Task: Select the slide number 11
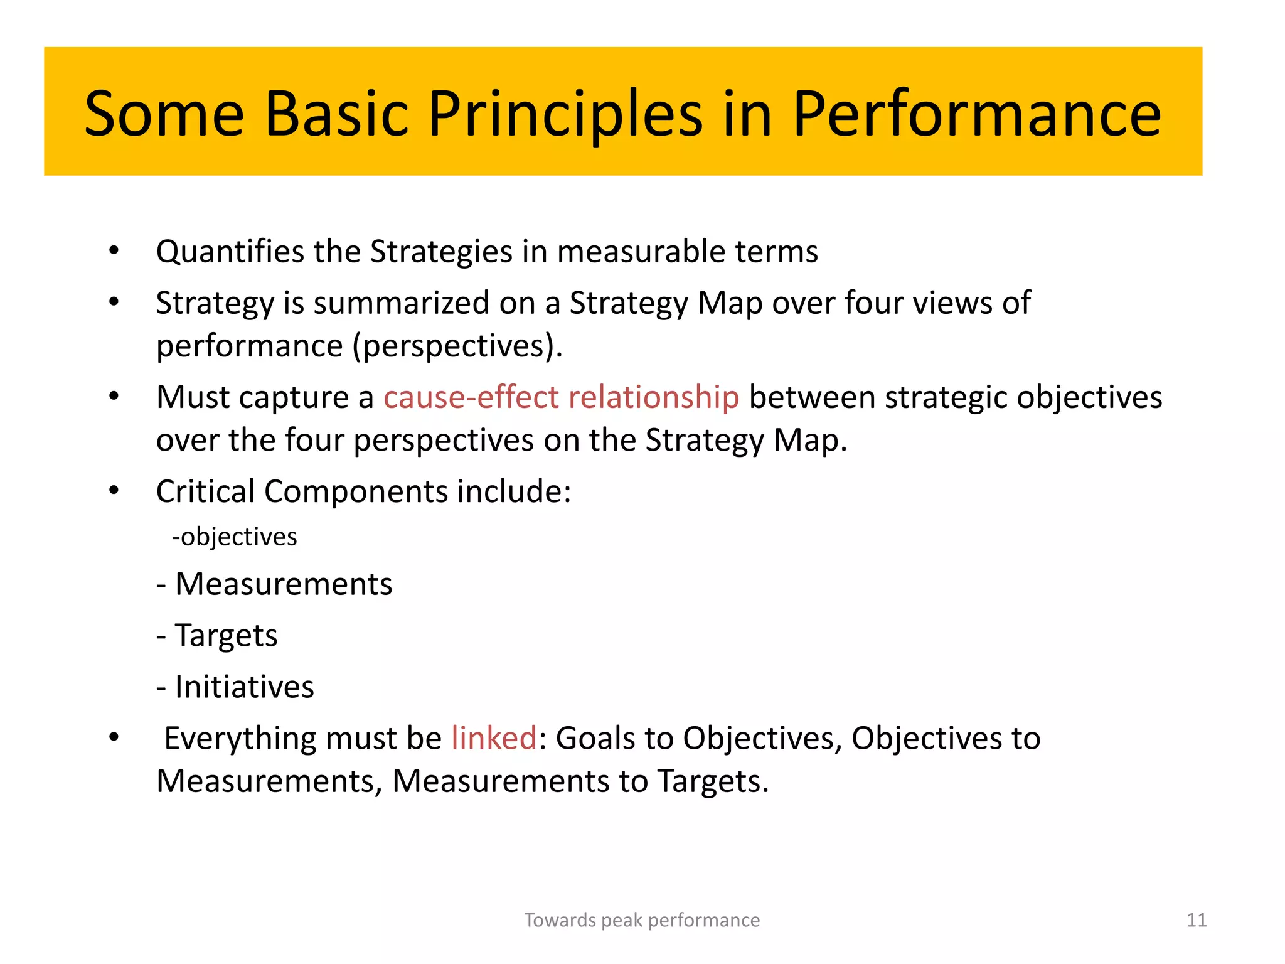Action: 1196,920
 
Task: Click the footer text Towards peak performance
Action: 642,920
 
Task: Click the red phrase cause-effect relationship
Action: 561,397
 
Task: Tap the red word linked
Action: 494,738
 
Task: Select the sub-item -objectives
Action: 235,537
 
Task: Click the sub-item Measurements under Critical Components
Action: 283,584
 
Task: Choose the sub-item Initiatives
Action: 244,687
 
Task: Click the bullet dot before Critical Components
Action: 114,491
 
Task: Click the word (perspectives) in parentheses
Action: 457,346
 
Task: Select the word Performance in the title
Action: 976,114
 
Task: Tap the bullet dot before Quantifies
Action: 114,251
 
